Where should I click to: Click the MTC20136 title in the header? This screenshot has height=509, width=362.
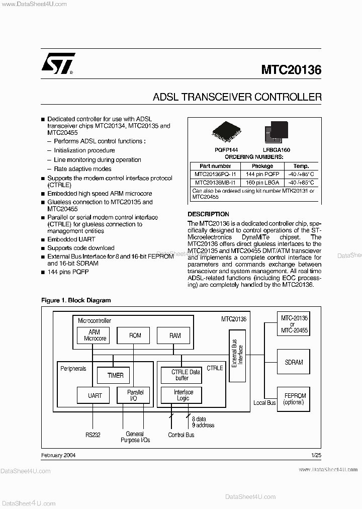coord(291,70)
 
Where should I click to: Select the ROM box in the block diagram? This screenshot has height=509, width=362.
coord(135,335)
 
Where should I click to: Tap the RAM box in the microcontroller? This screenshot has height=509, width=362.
coord(175,335)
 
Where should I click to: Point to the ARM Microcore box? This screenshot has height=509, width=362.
coord(94,335)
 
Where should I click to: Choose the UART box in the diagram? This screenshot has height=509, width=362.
coord(95,395)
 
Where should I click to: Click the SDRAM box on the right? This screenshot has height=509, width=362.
coord(294,362)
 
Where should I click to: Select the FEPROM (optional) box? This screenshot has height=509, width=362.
coord(294,399)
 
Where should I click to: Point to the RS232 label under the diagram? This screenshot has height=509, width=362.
coord(93,435)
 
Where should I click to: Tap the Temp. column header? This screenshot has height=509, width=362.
coord(301,166)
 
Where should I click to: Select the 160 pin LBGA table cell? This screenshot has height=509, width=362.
coord(262,183)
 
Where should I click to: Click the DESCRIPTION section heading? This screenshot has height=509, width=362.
coord(208,214)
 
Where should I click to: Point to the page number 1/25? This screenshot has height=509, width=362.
coord(316,455)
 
